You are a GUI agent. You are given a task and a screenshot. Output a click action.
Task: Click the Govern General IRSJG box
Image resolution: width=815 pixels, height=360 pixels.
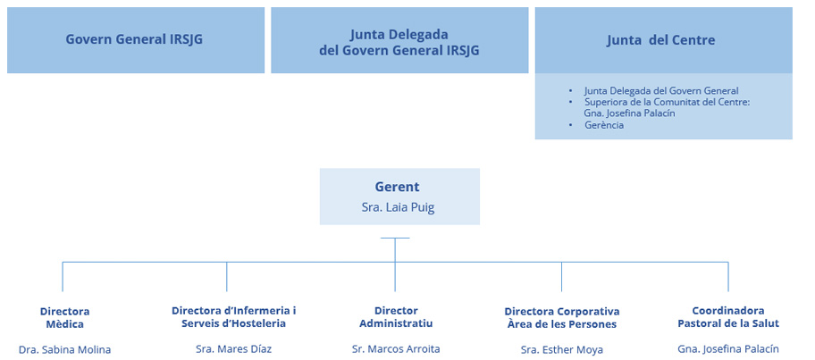pyautogui.click(x=136, y=40)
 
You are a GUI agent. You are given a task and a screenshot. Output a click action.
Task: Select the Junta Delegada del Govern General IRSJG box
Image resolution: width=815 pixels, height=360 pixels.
pyautogui.click(x=399, y=41)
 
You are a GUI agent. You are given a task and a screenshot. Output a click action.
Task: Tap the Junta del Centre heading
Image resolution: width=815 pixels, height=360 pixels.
pyautogui.click(x=660, y=40)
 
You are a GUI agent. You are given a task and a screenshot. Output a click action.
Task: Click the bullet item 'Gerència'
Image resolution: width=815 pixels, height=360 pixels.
pyautogui.click(x=603, y=125)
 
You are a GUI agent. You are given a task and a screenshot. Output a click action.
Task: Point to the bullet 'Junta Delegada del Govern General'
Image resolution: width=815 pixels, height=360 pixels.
pyautogui.click(x=660, y=91)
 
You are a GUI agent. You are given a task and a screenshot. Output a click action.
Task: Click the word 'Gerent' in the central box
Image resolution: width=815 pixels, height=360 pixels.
pyautogui.click(x=397, y=187)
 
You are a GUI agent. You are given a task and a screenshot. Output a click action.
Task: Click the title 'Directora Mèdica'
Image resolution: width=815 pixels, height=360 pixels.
pyautogui.click(x=64, y=317)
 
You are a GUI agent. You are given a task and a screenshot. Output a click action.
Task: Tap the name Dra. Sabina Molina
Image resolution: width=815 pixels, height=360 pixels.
pyautogui.click(x=64, y=349)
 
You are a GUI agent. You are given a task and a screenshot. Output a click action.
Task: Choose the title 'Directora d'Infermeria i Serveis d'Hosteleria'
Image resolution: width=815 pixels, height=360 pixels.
pyautogui.click(x=233, y=316)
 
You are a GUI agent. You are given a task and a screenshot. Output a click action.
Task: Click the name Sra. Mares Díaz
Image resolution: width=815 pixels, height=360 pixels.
pyautogui.click(x=233, y=349)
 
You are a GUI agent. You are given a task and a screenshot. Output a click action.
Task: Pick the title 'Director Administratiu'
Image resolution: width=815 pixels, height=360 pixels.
pyautogui.click(x=396, y=316)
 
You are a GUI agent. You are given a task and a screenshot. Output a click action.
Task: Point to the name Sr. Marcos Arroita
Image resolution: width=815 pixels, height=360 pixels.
pyautogui.click(x=396, y=349)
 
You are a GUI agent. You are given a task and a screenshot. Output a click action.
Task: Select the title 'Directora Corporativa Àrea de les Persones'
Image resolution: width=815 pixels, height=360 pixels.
pyautogui.click(x=561, y=317)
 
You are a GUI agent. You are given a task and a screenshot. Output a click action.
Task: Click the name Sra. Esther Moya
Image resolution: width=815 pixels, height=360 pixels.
pyautogui.click(x=561, y=349)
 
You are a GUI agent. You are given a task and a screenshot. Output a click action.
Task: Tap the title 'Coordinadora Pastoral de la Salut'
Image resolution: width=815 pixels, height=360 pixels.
pyautogui.click(x=727, y=316)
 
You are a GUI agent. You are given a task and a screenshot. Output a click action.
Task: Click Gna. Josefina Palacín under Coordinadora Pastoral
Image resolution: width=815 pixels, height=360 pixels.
pyautogui.click(x=727, y=349)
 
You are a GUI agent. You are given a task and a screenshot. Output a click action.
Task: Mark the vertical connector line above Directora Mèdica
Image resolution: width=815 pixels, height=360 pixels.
pyautogui.click(x=63, y=276)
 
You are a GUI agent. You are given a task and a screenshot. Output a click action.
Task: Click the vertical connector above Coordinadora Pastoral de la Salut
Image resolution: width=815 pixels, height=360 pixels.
pyautogui.click(x=727, y=276)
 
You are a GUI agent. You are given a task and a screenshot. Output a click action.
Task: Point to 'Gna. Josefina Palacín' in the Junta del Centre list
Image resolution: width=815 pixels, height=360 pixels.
pyautogui.click(x=628, y=113)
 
